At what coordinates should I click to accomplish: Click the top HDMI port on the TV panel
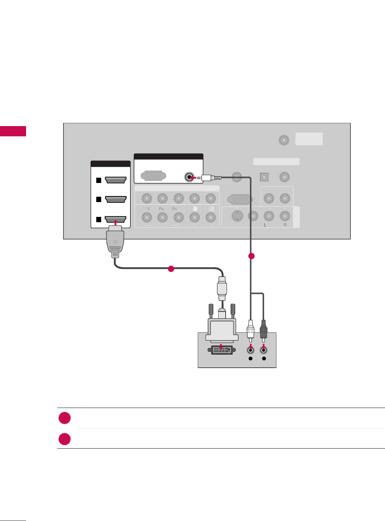[x=116, y=180]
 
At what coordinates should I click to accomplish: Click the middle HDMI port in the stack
[x=116, y=199]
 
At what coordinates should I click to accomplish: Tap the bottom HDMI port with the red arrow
[x=116, y=219]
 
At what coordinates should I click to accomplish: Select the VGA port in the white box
[x=153, y=176]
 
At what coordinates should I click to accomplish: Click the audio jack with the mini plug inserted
[x=190, y=177]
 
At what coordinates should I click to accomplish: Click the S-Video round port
[x=238, y=216]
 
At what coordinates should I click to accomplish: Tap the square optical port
[x=264, y=177]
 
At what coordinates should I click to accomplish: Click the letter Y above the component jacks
[x=148, y=209]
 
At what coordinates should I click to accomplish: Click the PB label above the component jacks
[x=161, y=209]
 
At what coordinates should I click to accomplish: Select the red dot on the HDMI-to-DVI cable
[x=171, y=269]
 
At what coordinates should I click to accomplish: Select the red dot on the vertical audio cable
[x=251, y=256]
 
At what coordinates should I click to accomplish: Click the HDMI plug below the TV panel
[x=115, y=242]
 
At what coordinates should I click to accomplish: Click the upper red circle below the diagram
[x=65, y=418]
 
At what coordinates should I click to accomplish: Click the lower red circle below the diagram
[x=65, y=439]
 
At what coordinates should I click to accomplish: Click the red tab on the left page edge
[x=13, y=131]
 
